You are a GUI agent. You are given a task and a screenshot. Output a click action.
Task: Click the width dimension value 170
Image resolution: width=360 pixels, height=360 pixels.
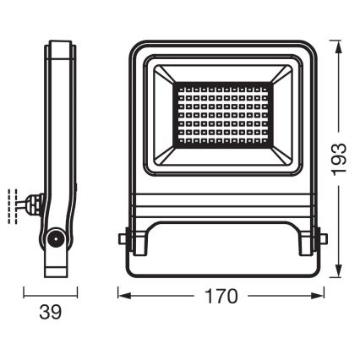coord(221,297)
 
